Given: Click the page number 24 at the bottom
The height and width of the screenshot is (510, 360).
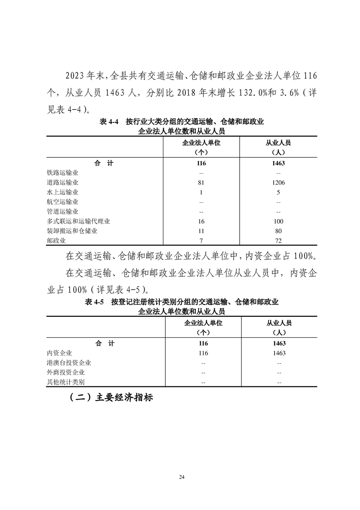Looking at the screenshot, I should point(182,477).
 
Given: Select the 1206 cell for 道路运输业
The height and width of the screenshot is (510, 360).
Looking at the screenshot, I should point(279,183).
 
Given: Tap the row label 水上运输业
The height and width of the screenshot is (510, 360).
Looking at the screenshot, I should point(63,192).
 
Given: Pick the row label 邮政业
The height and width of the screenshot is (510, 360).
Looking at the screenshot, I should point(56,240).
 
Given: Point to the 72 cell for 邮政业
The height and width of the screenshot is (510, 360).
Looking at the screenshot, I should point(279,240).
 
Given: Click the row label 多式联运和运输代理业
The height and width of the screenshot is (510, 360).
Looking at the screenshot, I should point(79,221).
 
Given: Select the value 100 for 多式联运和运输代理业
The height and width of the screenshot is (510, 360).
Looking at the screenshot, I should point(279,221).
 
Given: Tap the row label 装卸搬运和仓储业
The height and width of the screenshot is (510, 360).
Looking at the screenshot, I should point(72,231).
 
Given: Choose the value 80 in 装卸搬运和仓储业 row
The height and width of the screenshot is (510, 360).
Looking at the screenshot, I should point(279,231).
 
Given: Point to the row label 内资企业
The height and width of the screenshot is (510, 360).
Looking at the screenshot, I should point(59,353).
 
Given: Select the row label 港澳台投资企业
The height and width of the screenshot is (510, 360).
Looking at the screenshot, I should point(69,363).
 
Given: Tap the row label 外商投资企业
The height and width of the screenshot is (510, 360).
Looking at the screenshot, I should point(66,372).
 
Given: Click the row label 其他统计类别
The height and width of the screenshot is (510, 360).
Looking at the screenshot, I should point(66,382).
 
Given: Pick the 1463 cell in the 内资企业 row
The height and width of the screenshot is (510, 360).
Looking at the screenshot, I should point(279,353).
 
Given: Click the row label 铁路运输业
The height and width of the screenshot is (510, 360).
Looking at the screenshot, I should point(63,173).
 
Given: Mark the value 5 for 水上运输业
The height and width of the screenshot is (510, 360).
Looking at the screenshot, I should point(279,192).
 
